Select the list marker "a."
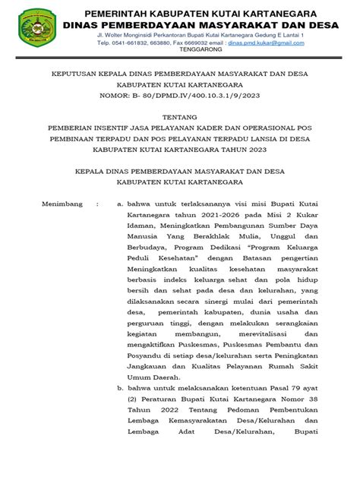[119, 204]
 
